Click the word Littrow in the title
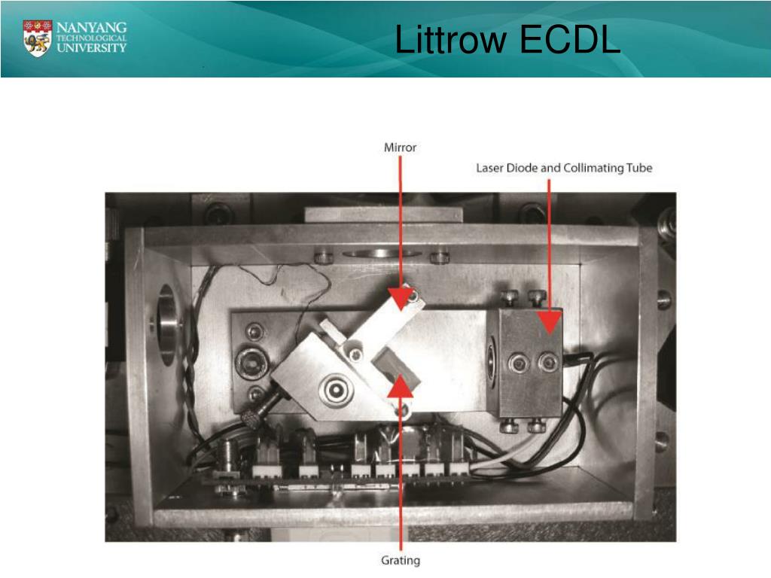click(450, 41)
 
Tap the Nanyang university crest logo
click(38, 38)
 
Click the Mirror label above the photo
click(400, 148)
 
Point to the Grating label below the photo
click(401, 560)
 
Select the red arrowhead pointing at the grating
click(401, 385)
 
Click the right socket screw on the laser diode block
click(547, 364)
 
